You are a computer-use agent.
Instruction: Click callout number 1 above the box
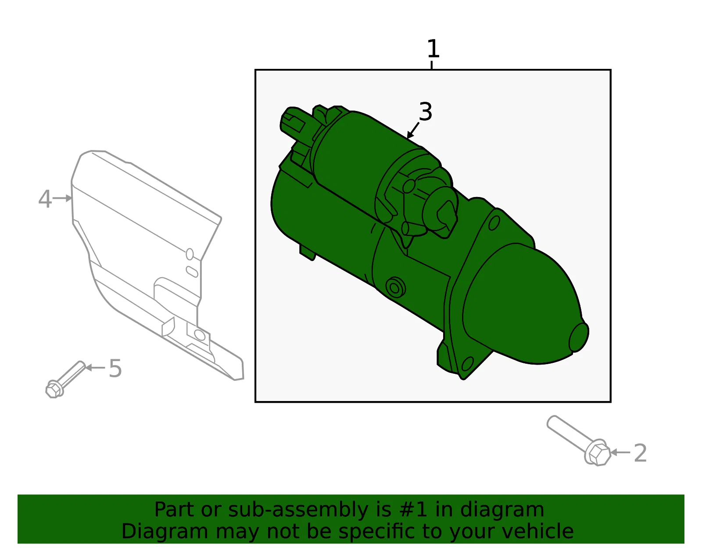[x=433, y=49]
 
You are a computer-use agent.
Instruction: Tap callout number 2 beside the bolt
[x=641, y=453]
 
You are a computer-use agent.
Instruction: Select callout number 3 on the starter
[x=426, y=112]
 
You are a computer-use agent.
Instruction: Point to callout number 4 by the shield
[x=45, y=199]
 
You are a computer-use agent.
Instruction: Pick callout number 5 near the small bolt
[x=115, y=368]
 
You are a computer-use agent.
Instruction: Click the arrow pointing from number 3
[x=413, y=130]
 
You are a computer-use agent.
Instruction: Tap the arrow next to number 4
[x=62, y=198]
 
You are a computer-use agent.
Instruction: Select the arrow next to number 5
[x=95, y=368]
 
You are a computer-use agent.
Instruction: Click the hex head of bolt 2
[x=598, y=453]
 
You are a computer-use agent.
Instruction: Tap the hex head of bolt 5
[x=54, y=389]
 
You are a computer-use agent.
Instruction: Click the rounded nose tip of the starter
[x=579, y=337]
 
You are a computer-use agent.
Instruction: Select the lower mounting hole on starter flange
[x=467, y=364]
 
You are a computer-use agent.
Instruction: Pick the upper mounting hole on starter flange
[x=494, y=223]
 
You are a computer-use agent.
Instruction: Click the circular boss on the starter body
[x=395, y=287]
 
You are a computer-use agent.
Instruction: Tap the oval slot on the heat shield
[x=192, y=272]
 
